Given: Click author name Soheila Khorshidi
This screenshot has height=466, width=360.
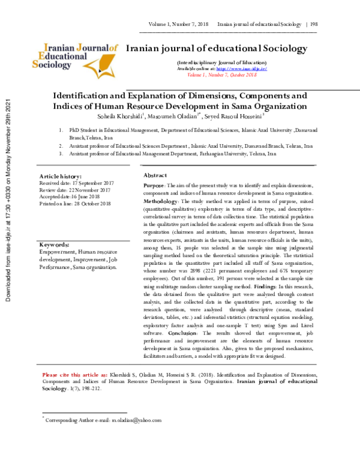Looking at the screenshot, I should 114,115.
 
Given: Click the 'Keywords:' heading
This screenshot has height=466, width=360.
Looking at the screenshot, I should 55,245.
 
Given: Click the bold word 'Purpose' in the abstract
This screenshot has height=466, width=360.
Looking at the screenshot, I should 154,187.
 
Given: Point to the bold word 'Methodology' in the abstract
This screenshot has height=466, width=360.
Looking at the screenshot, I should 160,202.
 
